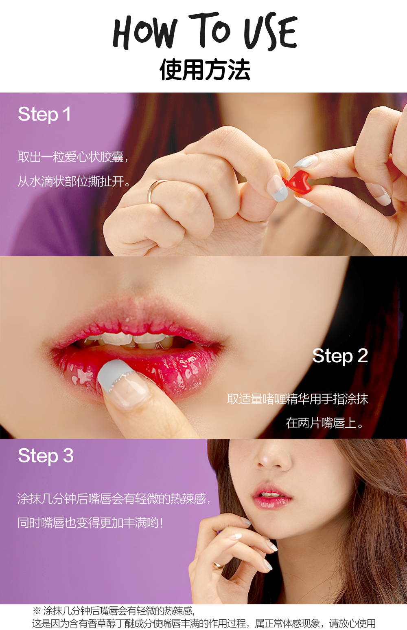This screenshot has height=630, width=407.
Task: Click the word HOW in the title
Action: pyautogui.click(x=144, y=32)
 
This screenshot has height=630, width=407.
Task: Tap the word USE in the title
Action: pyautogui.click(x=270, y=32)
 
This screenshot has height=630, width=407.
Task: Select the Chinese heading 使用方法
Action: pyautogui.click(x=205, y=70)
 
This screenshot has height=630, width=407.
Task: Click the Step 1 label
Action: pyautogui.click(x=44, y=114)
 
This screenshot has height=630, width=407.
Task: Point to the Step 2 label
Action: pyautogui.click(x=340, y=356)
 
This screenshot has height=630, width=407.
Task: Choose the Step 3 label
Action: pyautogui.click(x=46, y=456)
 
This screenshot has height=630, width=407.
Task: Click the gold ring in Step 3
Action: pyautogui.click(x=218, y=565)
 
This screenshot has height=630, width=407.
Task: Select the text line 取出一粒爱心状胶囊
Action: pyautogui.click(x=73, y=156)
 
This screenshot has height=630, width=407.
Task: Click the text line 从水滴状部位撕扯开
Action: pyautogui.click(x=74, y=181)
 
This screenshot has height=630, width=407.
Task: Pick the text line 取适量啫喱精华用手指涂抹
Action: pyautogui.click(x=298, y=399)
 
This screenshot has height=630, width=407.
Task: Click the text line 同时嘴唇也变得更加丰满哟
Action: pyautogui.click(x=90, y=522)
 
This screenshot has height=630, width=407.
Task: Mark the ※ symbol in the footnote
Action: pyautogui.click(x=37, y=610)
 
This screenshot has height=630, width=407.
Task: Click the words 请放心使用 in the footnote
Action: pyautogui.click(x=352, y=623)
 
